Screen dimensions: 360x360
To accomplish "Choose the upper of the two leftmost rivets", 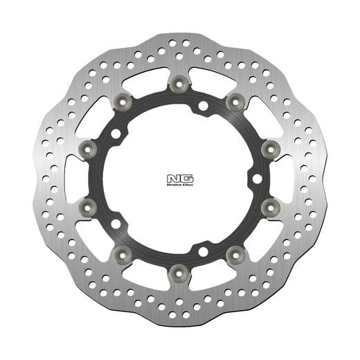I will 89,147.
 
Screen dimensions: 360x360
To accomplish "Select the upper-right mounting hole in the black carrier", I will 203,107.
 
